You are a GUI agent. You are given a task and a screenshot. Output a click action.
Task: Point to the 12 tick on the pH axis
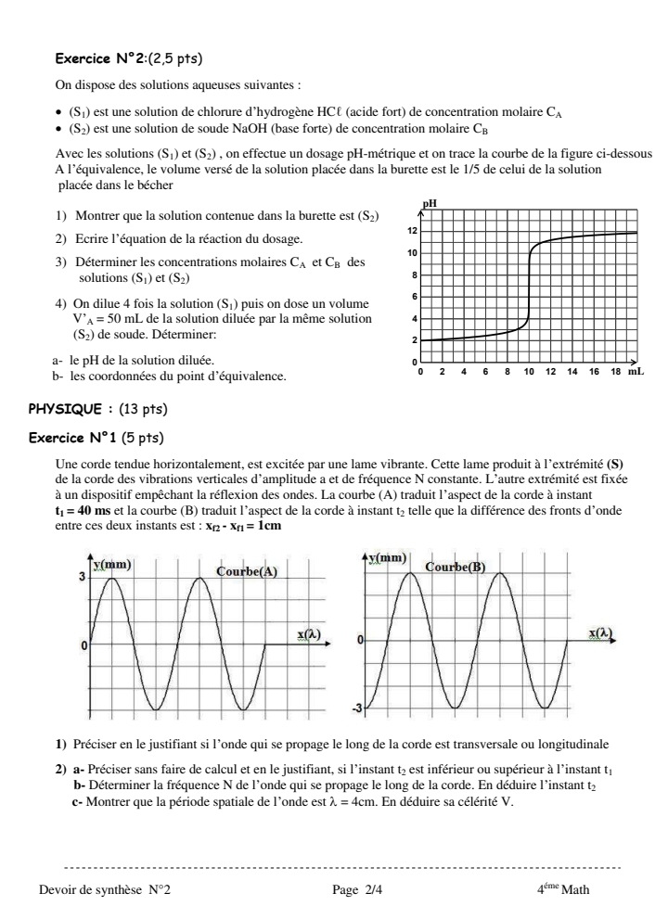click(x=413, y=231)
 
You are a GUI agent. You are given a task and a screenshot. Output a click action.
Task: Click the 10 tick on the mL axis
click(x=529, y=371)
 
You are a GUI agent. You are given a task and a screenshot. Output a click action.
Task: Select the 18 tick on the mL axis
click(x=616, y=371)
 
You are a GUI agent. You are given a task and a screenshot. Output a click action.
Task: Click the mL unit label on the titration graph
click(x=636, y=371)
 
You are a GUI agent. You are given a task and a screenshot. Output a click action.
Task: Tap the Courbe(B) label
click(x=456, y=566)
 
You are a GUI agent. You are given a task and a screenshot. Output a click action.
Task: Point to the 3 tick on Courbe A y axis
click(x=82, y=578)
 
